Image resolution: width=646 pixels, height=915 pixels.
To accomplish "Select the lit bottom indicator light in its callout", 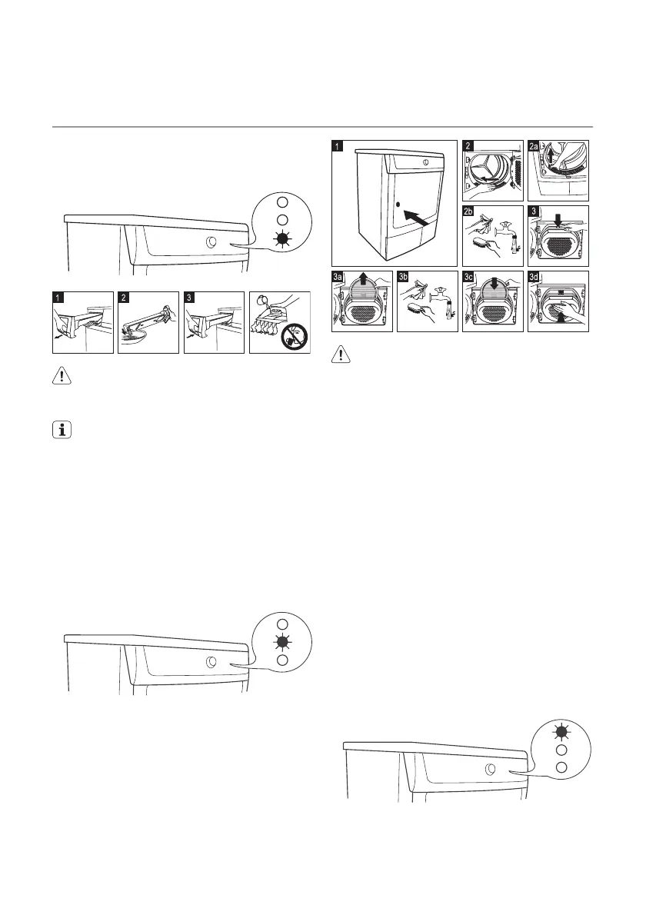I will pos(282,239).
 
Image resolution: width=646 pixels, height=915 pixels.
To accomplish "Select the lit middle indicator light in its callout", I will pos(282,642).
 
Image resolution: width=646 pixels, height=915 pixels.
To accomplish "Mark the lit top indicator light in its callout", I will pos(561,730).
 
